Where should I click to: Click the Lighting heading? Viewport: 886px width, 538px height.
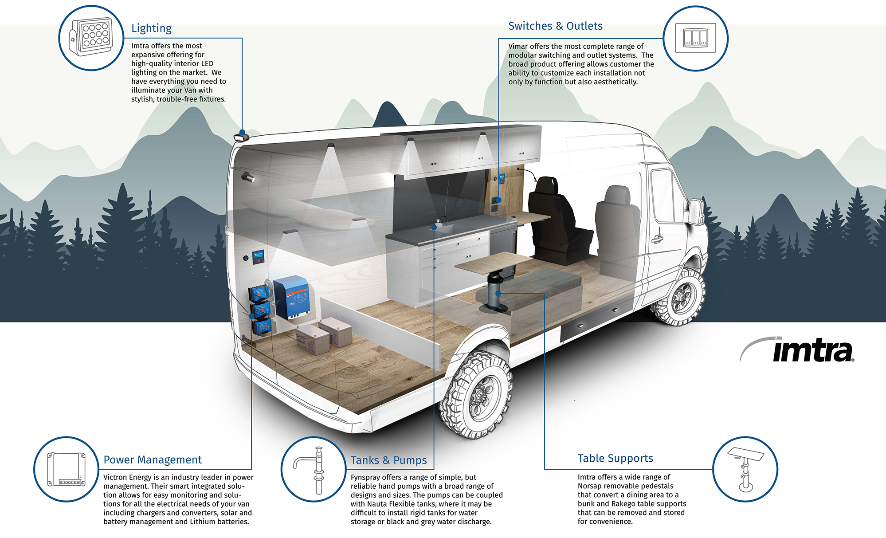pyautogui.click(x=151, y=28)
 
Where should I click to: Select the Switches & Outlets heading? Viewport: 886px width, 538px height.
pyautogui.click(x=555, y=26)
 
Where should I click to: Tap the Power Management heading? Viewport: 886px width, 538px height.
pyautogui.click(x=153, y=460)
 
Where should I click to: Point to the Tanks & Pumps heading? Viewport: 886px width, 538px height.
pyautogui.click(x=388, y=460)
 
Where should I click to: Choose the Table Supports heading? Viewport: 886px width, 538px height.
pyautogui.click(x=615, y=459)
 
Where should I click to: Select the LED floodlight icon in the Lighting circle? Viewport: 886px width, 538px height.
pyautogui.click(x=91, y=37)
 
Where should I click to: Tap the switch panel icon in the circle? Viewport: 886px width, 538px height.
pyautogui.click(x=695, y=38)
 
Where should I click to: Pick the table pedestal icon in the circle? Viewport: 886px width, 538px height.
pyautogui.click(x=745, y=469)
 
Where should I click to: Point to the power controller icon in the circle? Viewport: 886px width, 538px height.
pyautogui.click(x=66, y=469)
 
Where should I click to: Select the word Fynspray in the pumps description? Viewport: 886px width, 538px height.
pyautogui.click(x=366, y=478)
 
